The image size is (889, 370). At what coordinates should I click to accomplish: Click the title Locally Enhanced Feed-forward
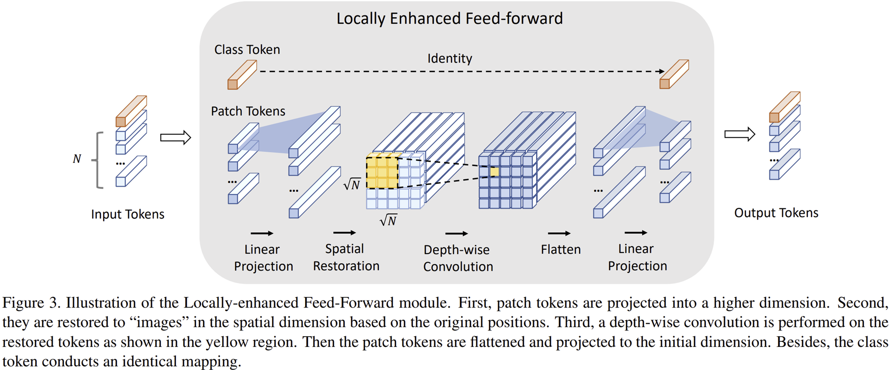449,19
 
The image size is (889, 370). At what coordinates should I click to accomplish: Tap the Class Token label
247,50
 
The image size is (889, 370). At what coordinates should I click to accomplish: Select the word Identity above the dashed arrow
449,59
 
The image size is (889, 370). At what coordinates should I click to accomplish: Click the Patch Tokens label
248,111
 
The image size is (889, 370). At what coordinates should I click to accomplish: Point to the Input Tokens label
128,214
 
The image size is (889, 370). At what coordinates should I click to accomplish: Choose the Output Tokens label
776,213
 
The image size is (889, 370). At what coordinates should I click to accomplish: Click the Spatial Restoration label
346,257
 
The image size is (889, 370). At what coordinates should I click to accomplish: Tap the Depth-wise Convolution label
458,258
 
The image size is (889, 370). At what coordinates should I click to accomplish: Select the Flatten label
560,249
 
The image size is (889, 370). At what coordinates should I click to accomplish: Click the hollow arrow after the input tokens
176,138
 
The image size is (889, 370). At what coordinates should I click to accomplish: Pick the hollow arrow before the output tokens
739,134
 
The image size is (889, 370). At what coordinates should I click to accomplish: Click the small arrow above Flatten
559,233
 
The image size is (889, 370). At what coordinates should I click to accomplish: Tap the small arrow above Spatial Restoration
345,233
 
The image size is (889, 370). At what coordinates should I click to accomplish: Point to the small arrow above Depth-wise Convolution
456,233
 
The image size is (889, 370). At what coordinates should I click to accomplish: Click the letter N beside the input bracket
77,159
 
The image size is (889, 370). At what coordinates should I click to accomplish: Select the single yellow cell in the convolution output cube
494,172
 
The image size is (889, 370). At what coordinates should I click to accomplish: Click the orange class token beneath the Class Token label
241,75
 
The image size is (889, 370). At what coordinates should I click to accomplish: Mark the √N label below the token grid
389,220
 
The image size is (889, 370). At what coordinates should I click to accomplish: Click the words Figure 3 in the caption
31,303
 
